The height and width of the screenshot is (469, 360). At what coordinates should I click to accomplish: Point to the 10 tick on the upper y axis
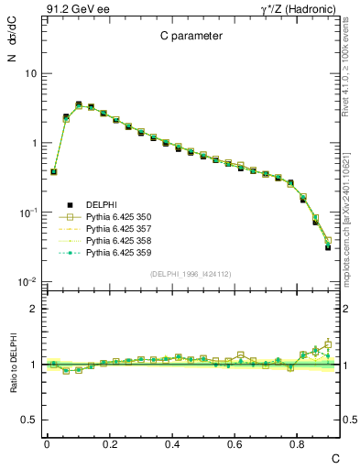(x=30, y=73)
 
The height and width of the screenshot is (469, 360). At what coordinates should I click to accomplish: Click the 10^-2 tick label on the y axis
(x=27, y=282)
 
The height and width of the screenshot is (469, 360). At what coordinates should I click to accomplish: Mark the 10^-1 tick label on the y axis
(x=27, y=213)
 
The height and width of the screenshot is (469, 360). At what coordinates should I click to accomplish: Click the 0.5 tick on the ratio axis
(x=28, y=420)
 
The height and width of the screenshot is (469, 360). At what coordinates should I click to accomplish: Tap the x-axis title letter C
(x=334, y=457)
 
